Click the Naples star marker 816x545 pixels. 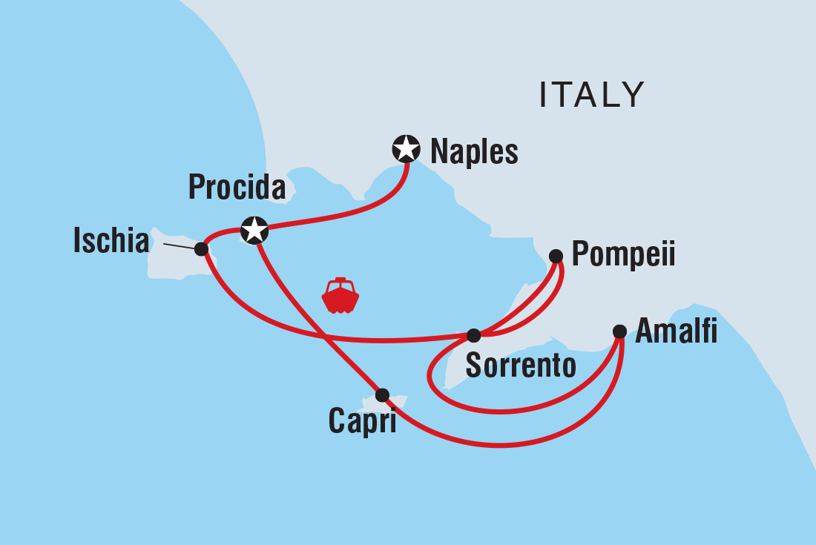pos(406,149)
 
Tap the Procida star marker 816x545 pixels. pos(254,230)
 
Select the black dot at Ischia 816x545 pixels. pos(201,248)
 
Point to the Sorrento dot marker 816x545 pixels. pos(474,335)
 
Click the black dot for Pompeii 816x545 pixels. pos(556,257)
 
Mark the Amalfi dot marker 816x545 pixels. pos(619,331)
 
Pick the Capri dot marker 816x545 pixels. pos(382,395)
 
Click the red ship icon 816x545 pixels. pos(340,295)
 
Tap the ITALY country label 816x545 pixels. pos(592,94)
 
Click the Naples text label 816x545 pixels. pos(474,152)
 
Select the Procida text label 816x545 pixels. pos(237,188)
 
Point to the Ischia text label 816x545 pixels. pos(111,241)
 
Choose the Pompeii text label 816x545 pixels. pos(624,256)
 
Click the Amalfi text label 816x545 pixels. pos(677,331)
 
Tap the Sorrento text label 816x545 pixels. pos(520,366)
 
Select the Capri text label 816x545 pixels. pos(362,423)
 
